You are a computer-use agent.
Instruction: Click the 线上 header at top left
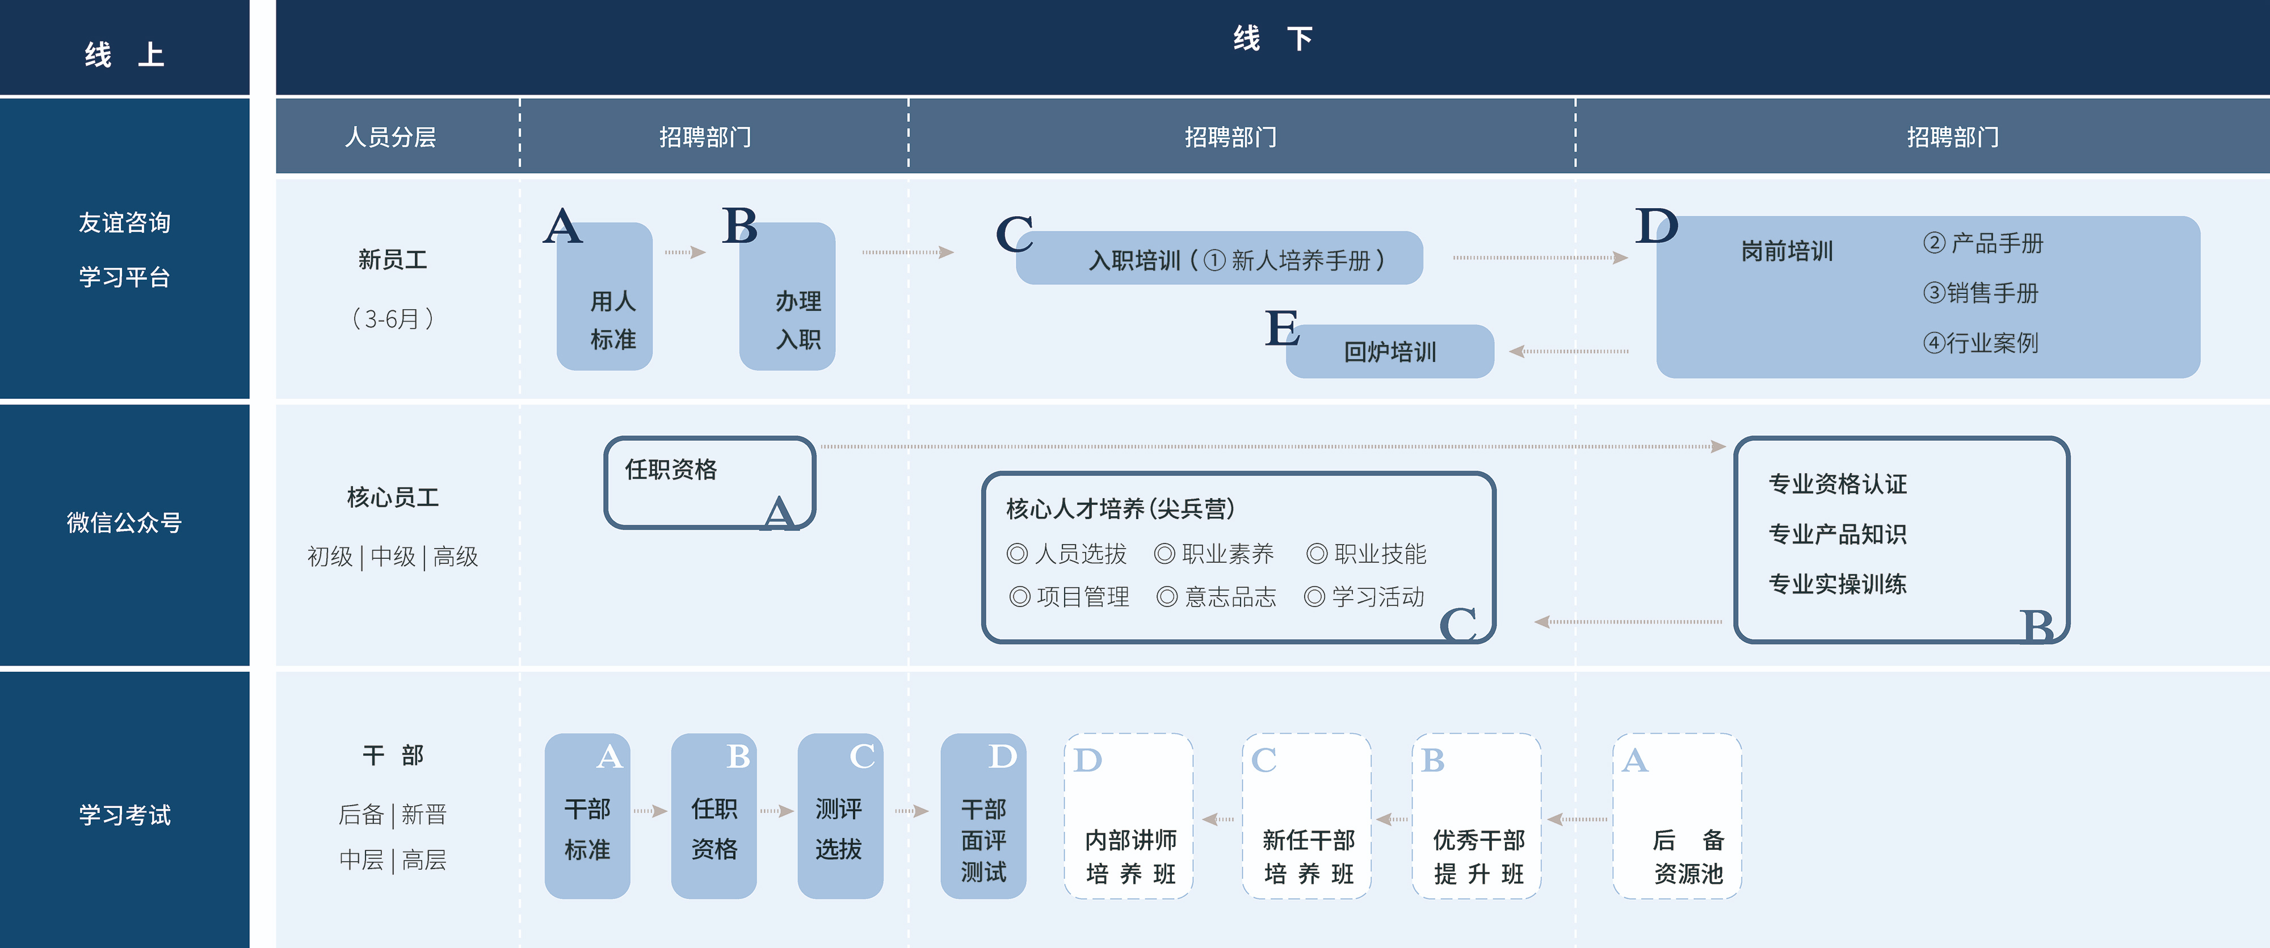coord(124,54)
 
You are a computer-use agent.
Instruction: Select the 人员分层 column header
coord(390,137)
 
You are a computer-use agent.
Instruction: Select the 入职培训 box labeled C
coord(1220,259)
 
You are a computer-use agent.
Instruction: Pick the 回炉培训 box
coord(1390,352)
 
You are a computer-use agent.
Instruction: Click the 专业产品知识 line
coord(1838,534)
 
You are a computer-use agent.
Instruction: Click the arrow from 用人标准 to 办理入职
coord(686,253)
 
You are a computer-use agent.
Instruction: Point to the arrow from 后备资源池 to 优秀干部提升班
coord(1578,819)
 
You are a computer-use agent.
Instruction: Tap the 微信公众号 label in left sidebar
coord(124,523)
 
